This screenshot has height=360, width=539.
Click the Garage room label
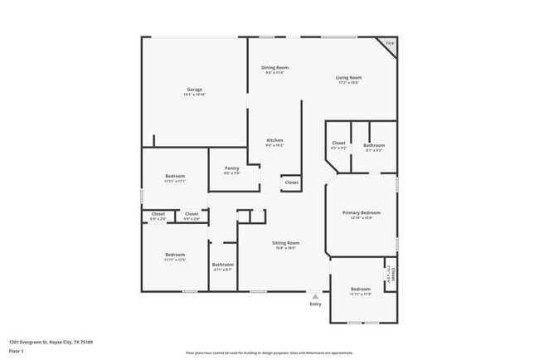point(194,90)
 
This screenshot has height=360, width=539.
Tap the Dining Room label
point(274,67)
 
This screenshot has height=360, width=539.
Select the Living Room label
point(348,78)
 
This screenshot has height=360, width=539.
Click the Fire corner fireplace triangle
point(388,44)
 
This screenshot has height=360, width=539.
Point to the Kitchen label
point(274,140)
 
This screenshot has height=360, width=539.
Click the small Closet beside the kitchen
point(291,182)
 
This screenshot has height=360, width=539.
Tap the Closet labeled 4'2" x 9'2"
point(338,144)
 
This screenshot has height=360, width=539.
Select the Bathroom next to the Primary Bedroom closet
point(374,146)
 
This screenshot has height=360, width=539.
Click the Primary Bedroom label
point(362,213)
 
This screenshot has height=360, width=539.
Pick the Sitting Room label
point(285,243)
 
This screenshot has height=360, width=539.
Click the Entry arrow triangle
point(315,295)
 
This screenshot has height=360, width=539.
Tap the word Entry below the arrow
point(315,304)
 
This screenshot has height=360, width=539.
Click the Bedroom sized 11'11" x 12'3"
point(174,255)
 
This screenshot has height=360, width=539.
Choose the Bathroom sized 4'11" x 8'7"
point(223,265)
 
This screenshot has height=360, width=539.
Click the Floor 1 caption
point(17,351)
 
